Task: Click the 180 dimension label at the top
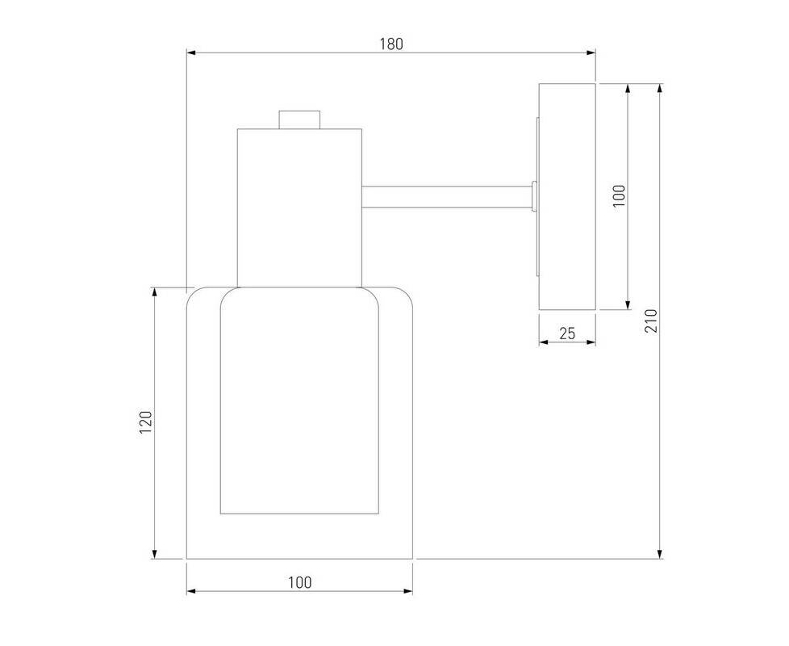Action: click(x=391, y=44)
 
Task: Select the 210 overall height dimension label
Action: click(x=651, y=321)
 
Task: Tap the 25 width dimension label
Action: click(x=567, y=333)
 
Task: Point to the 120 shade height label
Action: click(x=145, y=422)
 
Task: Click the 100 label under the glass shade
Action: click(x=300, y=582)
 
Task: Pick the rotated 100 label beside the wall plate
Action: click(x=619, y=196)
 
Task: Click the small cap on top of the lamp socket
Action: click(x=300, y=120)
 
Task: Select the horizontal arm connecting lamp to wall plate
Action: click(x=447, y=197)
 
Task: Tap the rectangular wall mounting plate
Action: click(x=567, y=196)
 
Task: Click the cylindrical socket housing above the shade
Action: click(x=300, y=208)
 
